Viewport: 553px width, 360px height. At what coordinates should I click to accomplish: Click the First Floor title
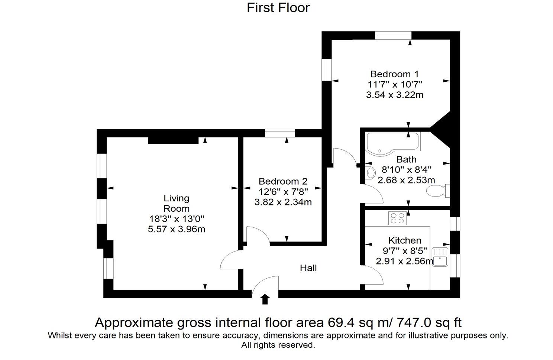pyautogui.click(x=278, y=8)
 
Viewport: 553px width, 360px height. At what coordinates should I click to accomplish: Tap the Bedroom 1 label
pyautogui.click(x=395, y=74)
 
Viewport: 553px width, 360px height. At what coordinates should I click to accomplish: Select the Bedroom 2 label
pyautogui.click(x=283, y=181)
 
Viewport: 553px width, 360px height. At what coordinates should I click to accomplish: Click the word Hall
pyautogui.click(x=308, y=268)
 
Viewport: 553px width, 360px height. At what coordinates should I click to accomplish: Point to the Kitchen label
pyautogui.click(x=405, y=240)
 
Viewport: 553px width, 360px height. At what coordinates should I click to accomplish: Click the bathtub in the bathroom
pyautogui.click(x=394, y=144)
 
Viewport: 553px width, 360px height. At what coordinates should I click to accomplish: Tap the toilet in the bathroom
pyautogui.click(x=438, y=191)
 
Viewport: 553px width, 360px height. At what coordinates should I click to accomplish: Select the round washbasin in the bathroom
pyautogui.click(x=370, y=173)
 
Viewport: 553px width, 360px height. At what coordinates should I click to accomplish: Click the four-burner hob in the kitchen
pyautogui.click(x=398, y=218)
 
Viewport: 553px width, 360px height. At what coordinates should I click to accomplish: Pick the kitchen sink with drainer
pyautogui.click(x=440, y=257)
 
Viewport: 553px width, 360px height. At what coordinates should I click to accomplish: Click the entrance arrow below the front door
pyautogui.click(x=265, y=299)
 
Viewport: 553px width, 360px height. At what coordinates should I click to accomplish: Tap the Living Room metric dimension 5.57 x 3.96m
pyautogui.click(x=177, y=229)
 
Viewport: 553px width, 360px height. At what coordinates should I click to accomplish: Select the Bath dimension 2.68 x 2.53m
pyautogui.click(x=406, y=180)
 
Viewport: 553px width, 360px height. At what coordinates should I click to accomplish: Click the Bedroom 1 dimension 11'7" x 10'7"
pyautogui.click(x=395, y=84)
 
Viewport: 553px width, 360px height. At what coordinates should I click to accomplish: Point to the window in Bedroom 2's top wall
pyautogui.click(x=280, y=133)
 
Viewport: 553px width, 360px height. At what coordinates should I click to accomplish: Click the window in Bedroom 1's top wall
pyautogui.click(x=393, y=36)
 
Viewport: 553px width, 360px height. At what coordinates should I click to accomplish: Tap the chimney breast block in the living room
pyautogui.click(x=173, y=140)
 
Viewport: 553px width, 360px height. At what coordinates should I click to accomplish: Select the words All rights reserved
pyautogui.click(x=278, y=345)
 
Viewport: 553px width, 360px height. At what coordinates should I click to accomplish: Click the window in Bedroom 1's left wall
pyautogui.click(x=326, y=69)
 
